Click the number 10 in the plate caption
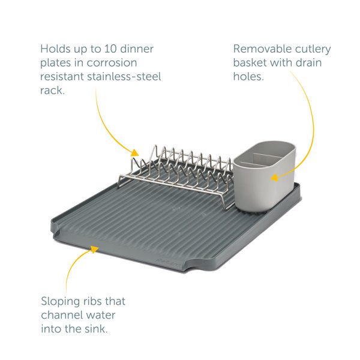[x=110, y=49]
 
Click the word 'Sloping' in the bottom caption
[x=61, y=302]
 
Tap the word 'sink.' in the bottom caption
[x=96, y=329]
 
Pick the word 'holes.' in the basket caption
[x=248, y=76]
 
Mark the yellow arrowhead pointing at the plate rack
[x=135, y=153]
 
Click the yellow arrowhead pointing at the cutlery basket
[x=274, y=178]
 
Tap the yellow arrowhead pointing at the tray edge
[x=95, y=249]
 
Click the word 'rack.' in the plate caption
[x=52, y=91]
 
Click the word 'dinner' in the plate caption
[x=137, y=49]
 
